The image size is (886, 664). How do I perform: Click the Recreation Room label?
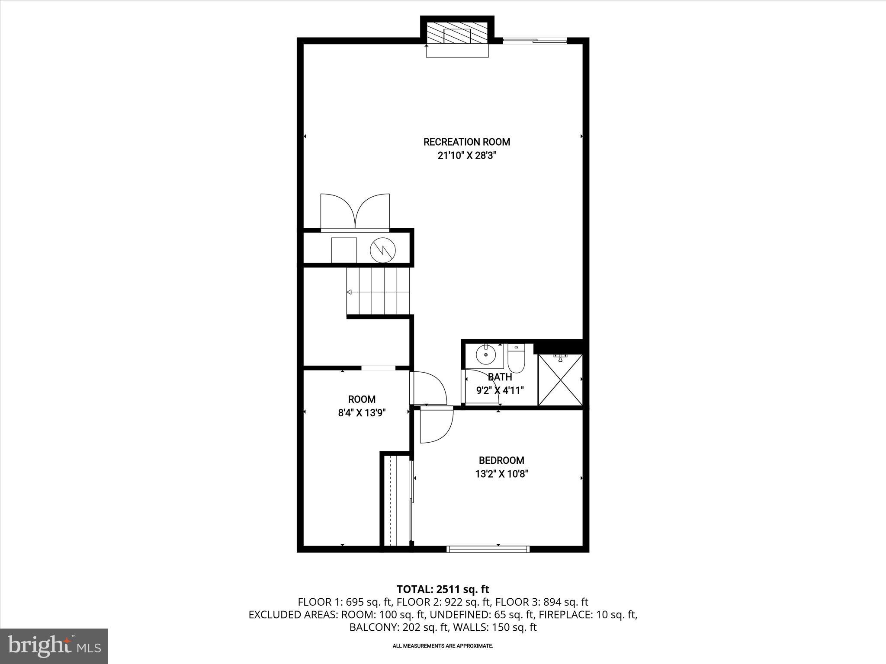[466, 142]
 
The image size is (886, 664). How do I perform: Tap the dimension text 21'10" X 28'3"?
[466, 156]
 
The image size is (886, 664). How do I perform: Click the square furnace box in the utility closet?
[344, 250]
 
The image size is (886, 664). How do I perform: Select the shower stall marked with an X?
[561, 380]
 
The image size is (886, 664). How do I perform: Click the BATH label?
[500, 377]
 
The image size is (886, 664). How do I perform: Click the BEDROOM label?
[501, 460]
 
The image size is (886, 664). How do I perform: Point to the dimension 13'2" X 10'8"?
[501, 474]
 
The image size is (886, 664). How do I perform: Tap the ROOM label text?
[362, 399]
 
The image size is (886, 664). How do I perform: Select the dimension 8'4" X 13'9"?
[362, 413]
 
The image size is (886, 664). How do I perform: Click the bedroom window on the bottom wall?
[488, 549]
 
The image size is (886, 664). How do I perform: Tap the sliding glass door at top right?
[535, 41]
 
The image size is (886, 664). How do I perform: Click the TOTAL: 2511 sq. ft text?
[443, 589]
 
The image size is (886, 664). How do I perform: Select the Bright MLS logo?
[54, 646]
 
